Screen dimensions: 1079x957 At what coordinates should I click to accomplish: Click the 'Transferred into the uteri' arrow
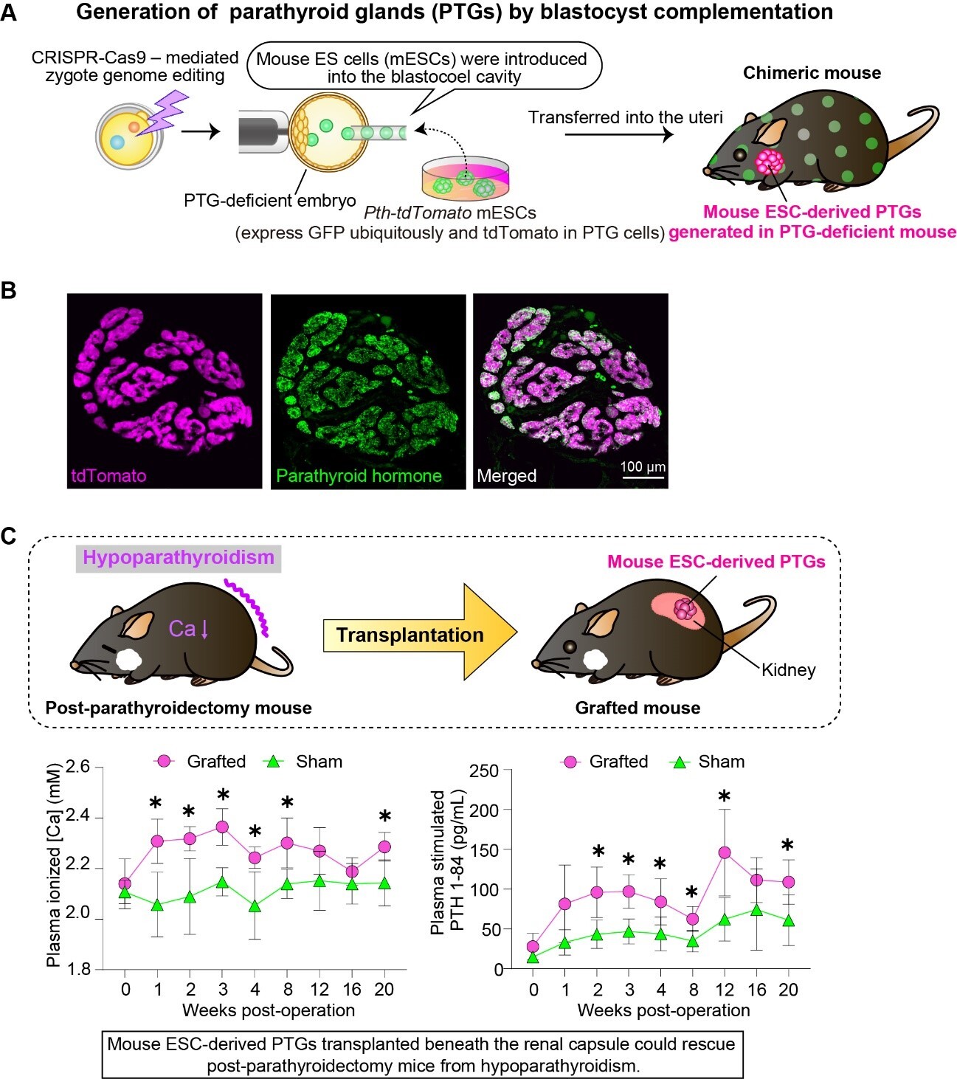coord(618,134)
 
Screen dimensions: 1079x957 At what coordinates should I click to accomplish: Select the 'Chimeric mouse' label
coord(812,73)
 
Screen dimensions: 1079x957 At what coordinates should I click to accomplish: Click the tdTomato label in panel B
coord(108,476)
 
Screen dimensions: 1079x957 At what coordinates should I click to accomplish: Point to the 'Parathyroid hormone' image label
coord(359,476)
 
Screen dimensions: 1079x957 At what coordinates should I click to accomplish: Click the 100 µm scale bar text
coord(643,466)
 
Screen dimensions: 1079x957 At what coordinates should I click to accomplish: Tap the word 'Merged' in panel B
coord(506,476)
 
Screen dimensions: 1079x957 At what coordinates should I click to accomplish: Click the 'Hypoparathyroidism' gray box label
coord(178,557)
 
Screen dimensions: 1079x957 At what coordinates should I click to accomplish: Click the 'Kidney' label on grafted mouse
coord(788,670)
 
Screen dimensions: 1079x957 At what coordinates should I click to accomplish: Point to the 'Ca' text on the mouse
coord(182,629)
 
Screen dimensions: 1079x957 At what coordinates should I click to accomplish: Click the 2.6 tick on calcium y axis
coord(77,768)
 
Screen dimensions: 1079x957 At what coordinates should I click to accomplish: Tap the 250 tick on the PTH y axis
coord(484,771)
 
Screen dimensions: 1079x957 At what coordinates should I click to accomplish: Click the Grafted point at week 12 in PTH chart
coord(725,852)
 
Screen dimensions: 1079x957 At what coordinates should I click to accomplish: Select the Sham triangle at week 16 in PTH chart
coord(756,910)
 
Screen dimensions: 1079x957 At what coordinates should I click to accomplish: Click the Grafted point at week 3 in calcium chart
coord(222,827)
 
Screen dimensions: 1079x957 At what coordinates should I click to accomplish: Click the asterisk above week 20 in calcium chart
coord(384,816)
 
